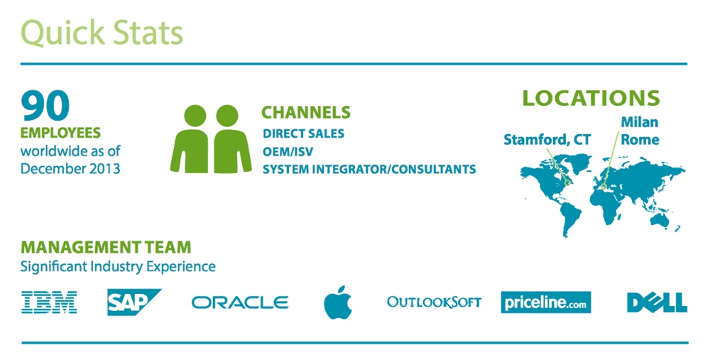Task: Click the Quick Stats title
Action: click(x=102, y=33)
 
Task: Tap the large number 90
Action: click(x=45, y=106)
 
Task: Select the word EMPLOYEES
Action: click(x=60, y=133)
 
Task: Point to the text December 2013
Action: click(x=70, y=168)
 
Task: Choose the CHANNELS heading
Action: click(x=306, y=112)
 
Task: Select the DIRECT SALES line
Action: click(x=303, y=133)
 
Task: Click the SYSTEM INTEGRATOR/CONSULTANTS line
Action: click(x=369, y=169)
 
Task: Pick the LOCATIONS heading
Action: click(x=591, y=98)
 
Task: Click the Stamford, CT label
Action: click(x=547, y=140)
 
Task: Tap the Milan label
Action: click(x=639, y=123)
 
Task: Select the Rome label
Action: click(x=640, y=140)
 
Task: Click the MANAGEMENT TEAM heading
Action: click(x=106, y=248)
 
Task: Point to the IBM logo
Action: click(x=49, y=302)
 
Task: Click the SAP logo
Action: click(x=132, y=302)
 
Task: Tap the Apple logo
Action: click(x=338, y=302)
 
